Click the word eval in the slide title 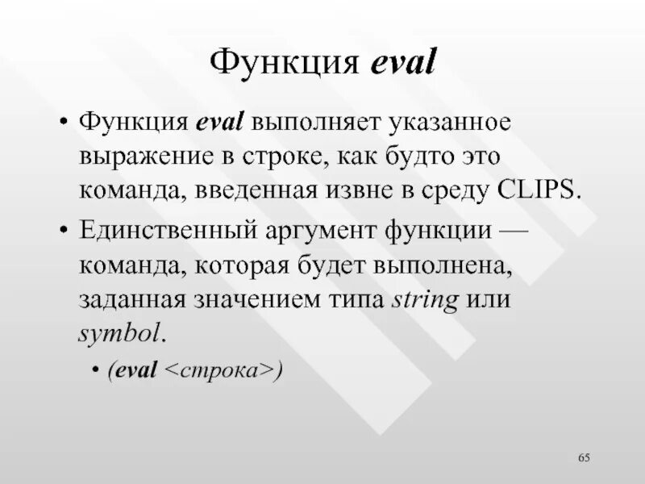click(x=403, y=62)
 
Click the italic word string click(x=425, y=299)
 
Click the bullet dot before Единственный click(x=64, y=232)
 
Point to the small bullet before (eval click(x=96, y=369)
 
